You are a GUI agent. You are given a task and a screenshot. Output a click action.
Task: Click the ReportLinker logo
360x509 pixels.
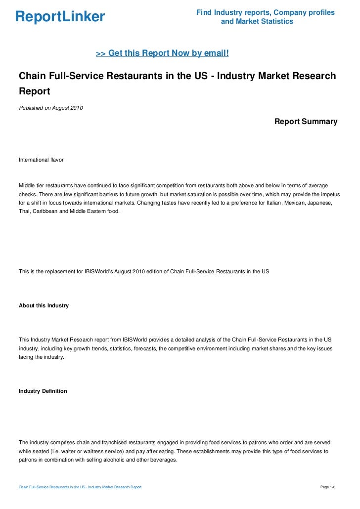pos(60,17)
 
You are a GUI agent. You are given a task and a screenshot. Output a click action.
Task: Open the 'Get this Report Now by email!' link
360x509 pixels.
pos(162,53)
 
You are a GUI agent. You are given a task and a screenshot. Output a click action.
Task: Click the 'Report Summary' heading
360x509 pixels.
pos(306,121)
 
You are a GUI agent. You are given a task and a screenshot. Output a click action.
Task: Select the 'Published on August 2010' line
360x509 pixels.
pos(51,108)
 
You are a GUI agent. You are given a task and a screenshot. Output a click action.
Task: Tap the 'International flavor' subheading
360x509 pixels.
pos(41,160)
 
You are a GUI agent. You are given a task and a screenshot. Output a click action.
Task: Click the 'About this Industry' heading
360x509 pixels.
pos(44,305)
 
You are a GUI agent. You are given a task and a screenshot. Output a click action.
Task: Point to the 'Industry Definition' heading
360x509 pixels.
pos(43,391)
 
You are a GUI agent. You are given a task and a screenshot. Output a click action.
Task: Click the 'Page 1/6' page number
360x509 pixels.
pos(328,488)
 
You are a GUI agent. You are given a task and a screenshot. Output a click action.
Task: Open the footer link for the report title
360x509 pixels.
pos(80,488)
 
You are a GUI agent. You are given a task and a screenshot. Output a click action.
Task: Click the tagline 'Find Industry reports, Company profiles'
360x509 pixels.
pos(266,12)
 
